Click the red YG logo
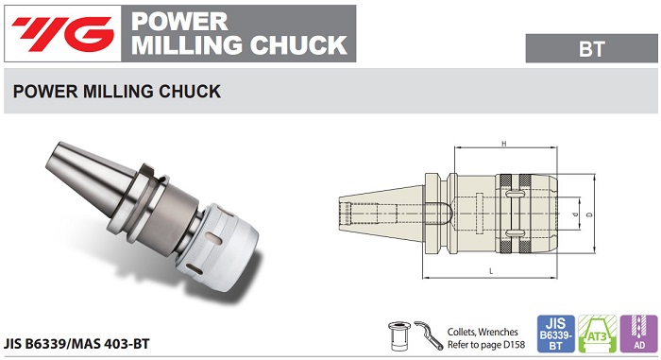pos(59,33)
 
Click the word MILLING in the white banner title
pos(179,43)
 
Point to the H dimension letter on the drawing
pos(505,144)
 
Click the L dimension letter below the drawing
pos(492,271)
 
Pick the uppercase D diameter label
pos(589,215)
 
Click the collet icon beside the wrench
pos(399,334)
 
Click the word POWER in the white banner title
pos(173,20)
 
